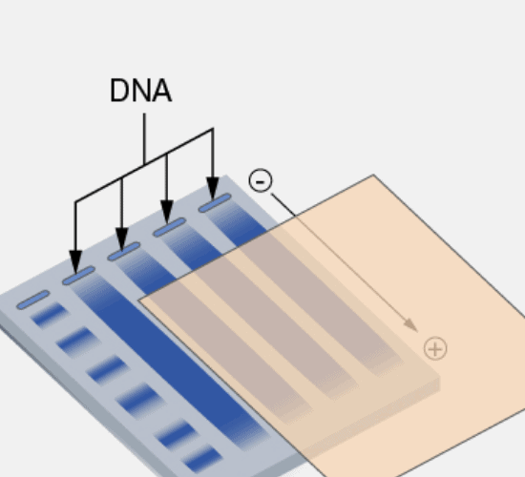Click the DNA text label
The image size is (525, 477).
click(x=140, y=91)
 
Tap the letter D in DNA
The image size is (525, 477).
click(x=120, y=91)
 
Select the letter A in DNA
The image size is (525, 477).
click(x=162, y=91)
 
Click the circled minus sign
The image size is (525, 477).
click(x=261, y=180)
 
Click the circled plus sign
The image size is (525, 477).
click(x=435, y=349)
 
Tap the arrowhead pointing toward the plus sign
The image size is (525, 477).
click(x=411, y=325)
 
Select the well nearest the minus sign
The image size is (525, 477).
click(x=215, y=203)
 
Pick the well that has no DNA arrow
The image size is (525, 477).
click(x=33, y=300)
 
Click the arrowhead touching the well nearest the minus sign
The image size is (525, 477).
click(x=213, y=189)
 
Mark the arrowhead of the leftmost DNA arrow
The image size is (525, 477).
click(x=75, y=261)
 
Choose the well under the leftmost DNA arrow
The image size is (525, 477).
click(x=78, y=276)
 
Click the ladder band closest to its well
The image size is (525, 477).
click(x=50, y=315)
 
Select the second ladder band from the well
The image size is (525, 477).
click(x=78, y=342)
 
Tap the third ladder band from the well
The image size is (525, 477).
click(x=108, y=369)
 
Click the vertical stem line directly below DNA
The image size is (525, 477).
click(x=144, y=139)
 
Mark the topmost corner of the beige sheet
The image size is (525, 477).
click(x=373, y=175)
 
